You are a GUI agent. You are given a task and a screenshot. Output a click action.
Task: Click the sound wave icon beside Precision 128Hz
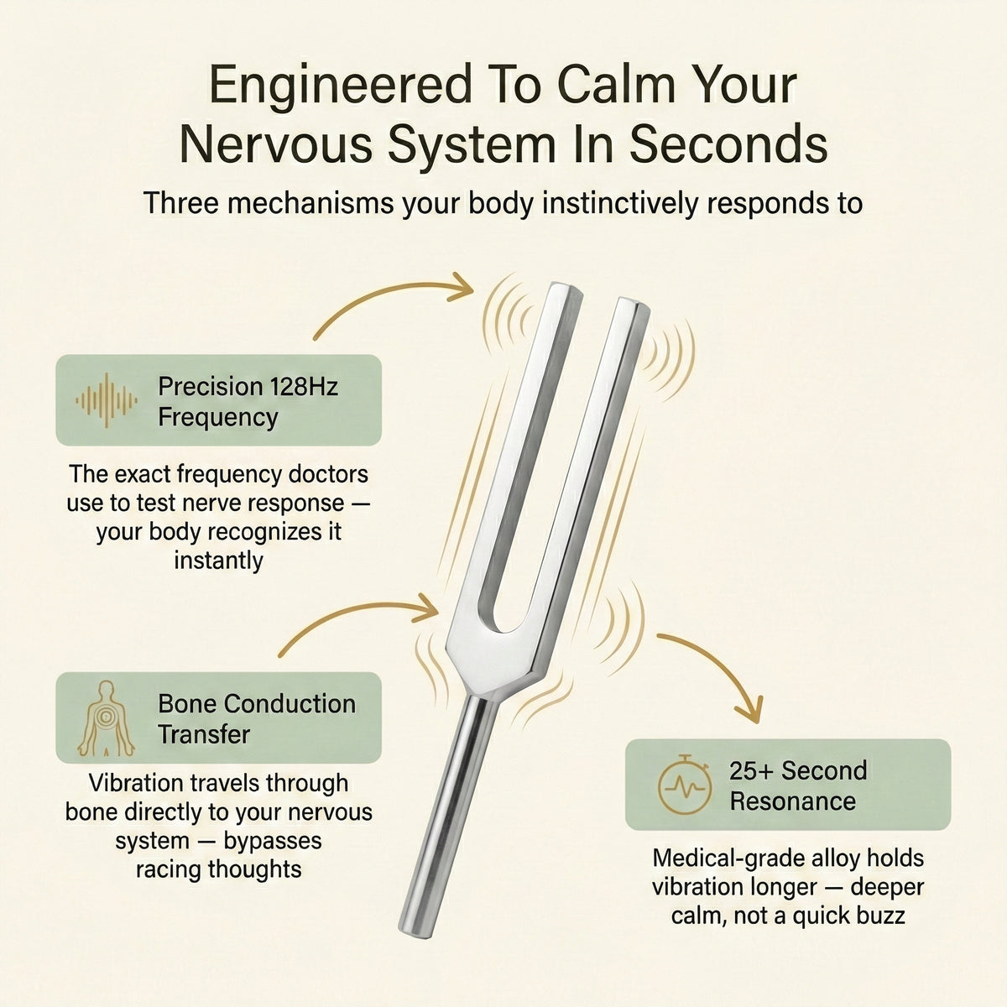107,400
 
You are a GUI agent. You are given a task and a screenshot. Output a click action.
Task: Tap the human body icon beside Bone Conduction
106,718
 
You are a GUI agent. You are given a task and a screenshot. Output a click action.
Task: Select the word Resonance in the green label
793,801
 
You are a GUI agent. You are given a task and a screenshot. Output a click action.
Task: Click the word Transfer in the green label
204,734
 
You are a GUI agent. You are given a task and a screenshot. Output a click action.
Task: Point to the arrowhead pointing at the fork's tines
461,288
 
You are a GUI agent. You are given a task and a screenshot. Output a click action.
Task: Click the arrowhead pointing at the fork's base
425,608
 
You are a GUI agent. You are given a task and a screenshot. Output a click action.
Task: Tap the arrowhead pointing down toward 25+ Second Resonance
749,710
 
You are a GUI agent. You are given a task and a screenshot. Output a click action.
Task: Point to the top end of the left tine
564,289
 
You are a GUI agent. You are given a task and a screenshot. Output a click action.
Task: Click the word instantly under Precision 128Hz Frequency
218,561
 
